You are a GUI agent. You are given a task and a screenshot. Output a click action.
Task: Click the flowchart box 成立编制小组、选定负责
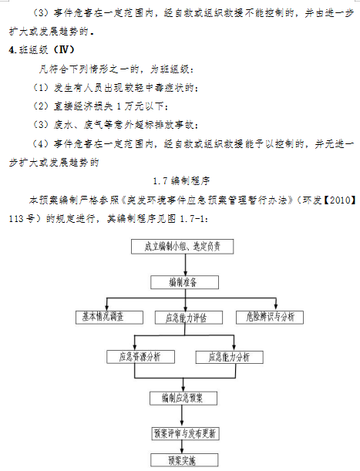183,247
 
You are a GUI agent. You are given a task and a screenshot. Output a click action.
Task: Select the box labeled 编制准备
184,282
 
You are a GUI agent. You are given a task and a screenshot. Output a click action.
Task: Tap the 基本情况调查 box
109,317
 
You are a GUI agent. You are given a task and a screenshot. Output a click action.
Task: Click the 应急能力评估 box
189,318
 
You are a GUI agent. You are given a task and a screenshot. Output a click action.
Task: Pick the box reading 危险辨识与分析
270,317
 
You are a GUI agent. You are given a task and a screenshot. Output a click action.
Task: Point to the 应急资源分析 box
140,357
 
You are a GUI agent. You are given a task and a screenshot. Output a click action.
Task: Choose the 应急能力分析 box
230,357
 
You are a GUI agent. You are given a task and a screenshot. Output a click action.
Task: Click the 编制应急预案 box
183,399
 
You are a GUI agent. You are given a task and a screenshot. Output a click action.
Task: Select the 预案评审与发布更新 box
186,433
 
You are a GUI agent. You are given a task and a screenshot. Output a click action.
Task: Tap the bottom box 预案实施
184,460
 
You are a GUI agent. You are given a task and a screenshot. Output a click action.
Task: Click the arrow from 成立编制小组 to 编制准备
186,264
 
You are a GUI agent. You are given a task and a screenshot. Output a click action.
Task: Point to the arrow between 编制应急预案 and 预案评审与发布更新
182,416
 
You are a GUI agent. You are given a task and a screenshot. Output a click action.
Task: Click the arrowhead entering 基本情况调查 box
107,308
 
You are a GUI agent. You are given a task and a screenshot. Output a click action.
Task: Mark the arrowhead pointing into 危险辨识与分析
276,308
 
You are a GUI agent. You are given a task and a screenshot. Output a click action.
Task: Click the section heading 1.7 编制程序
181,181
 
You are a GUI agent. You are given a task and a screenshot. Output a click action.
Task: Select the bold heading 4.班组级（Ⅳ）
42,50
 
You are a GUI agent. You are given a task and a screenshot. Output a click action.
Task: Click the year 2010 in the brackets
341,200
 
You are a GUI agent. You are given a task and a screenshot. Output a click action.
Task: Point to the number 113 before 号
16,219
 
